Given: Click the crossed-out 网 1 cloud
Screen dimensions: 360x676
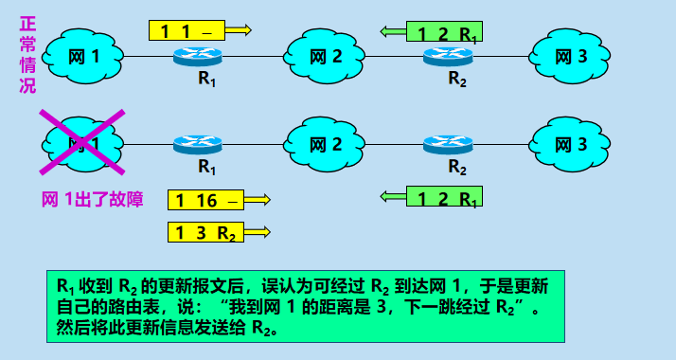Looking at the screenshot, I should coord(83,144).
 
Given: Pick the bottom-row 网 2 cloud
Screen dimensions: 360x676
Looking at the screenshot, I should coord(327,144).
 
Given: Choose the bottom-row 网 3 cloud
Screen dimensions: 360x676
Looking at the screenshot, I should coord(570,144).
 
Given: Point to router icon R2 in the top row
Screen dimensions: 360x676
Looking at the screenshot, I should coord(448,57).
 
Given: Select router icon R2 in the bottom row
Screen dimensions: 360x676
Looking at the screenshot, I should coord(448,145).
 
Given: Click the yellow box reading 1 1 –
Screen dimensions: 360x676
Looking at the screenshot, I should coord(188,30).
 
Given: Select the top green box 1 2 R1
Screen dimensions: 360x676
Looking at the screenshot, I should coord(444,32).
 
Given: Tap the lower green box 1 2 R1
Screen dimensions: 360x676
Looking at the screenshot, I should coord(444,198).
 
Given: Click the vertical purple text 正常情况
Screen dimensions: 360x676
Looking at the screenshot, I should coord(27,53).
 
